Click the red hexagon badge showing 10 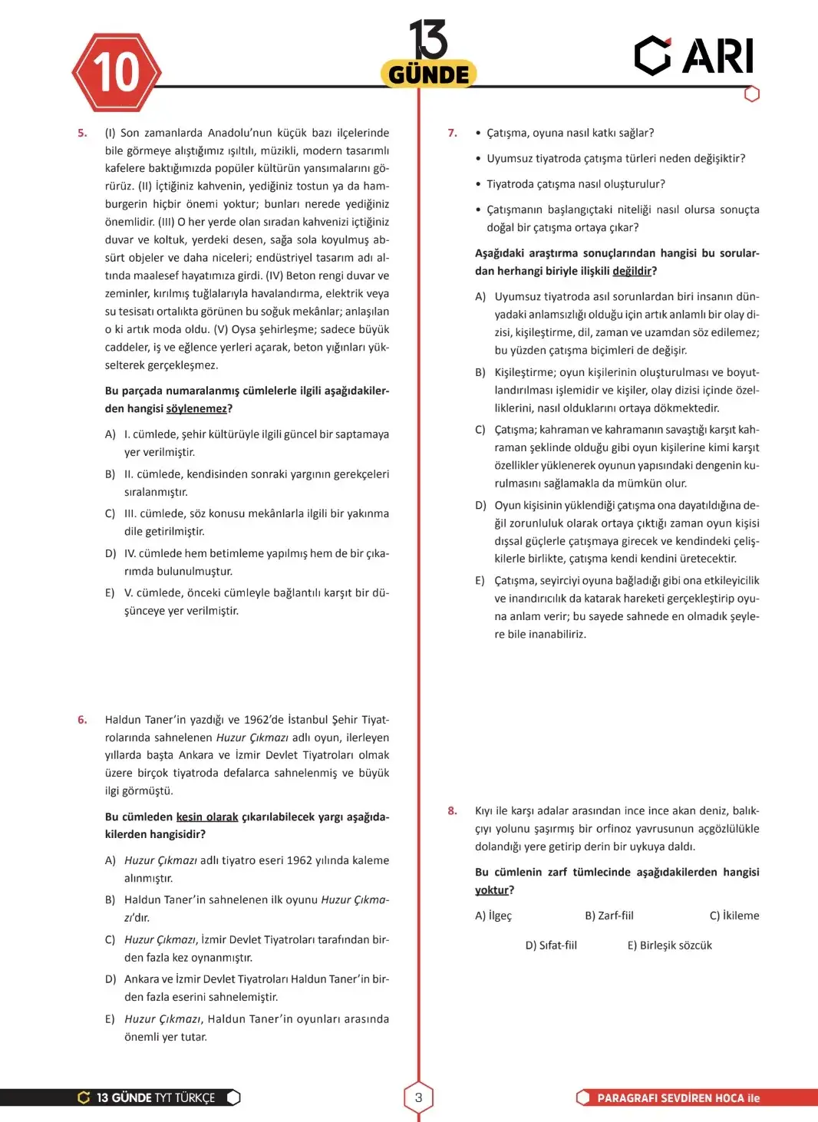[117, 73]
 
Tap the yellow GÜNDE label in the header [428, 74]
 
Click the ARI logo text [717, 56]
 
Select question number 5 [82, 133]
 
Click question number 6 [82, 719]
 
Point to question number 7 [452, 133]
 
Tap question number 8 [452, 810]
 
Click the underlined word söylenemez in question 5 [196, 409]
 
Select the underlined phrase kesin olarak [207, 817]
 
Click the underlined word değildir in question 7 [632, 271]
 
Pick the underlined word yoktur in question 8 [491, 890]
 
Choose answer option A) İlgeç [493, 916]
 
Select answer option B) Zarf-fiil [609, 916]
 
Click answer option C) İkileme [734, 916]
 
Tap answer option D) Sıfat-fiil [551, 945]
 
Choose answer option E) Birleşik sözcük [669, 945]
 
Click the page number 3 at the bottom [418, 1097]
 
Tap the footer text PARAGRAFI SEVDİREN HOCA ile [678, 1098]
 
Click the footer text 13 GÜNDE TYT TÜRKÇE [156, 1098]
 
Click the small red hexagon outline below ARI [752, 94]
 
